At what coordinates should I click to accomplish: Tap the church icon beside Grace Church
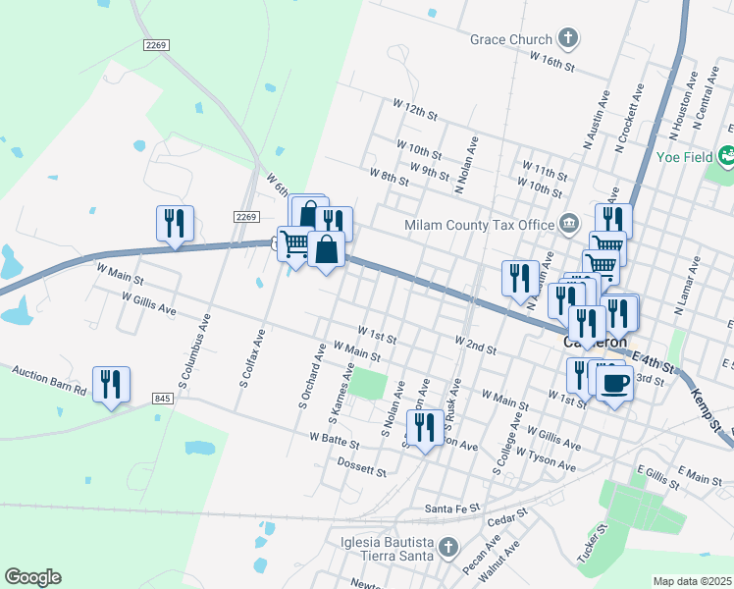tap(566, 39)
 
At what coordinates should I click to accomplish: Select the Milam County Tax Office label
tap(479, 225)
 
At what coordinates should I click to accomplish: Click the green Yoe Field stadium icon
tap(727, 155)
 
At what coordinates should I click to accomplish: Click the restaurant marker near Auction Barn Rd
tap(111, 385)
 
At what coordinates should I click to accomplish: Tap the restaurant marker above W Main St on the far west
tap(175, 224)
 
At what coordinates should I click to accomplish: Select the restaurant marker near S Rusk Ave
tap(424, 428)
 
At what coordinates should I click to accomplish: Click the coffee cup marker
tap(614, 382)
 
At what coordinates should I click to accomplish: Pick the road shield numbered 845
tap(163, 398)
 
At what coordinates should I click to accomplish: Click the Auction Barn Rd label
tap(49, 379)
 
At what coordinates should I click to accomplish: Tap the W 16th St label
tap(551, 60)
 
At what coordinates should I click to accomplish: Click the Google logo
tap(32, 577)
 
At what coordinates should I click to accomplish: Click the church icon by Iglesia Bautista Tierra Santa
tap(448, 546)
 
